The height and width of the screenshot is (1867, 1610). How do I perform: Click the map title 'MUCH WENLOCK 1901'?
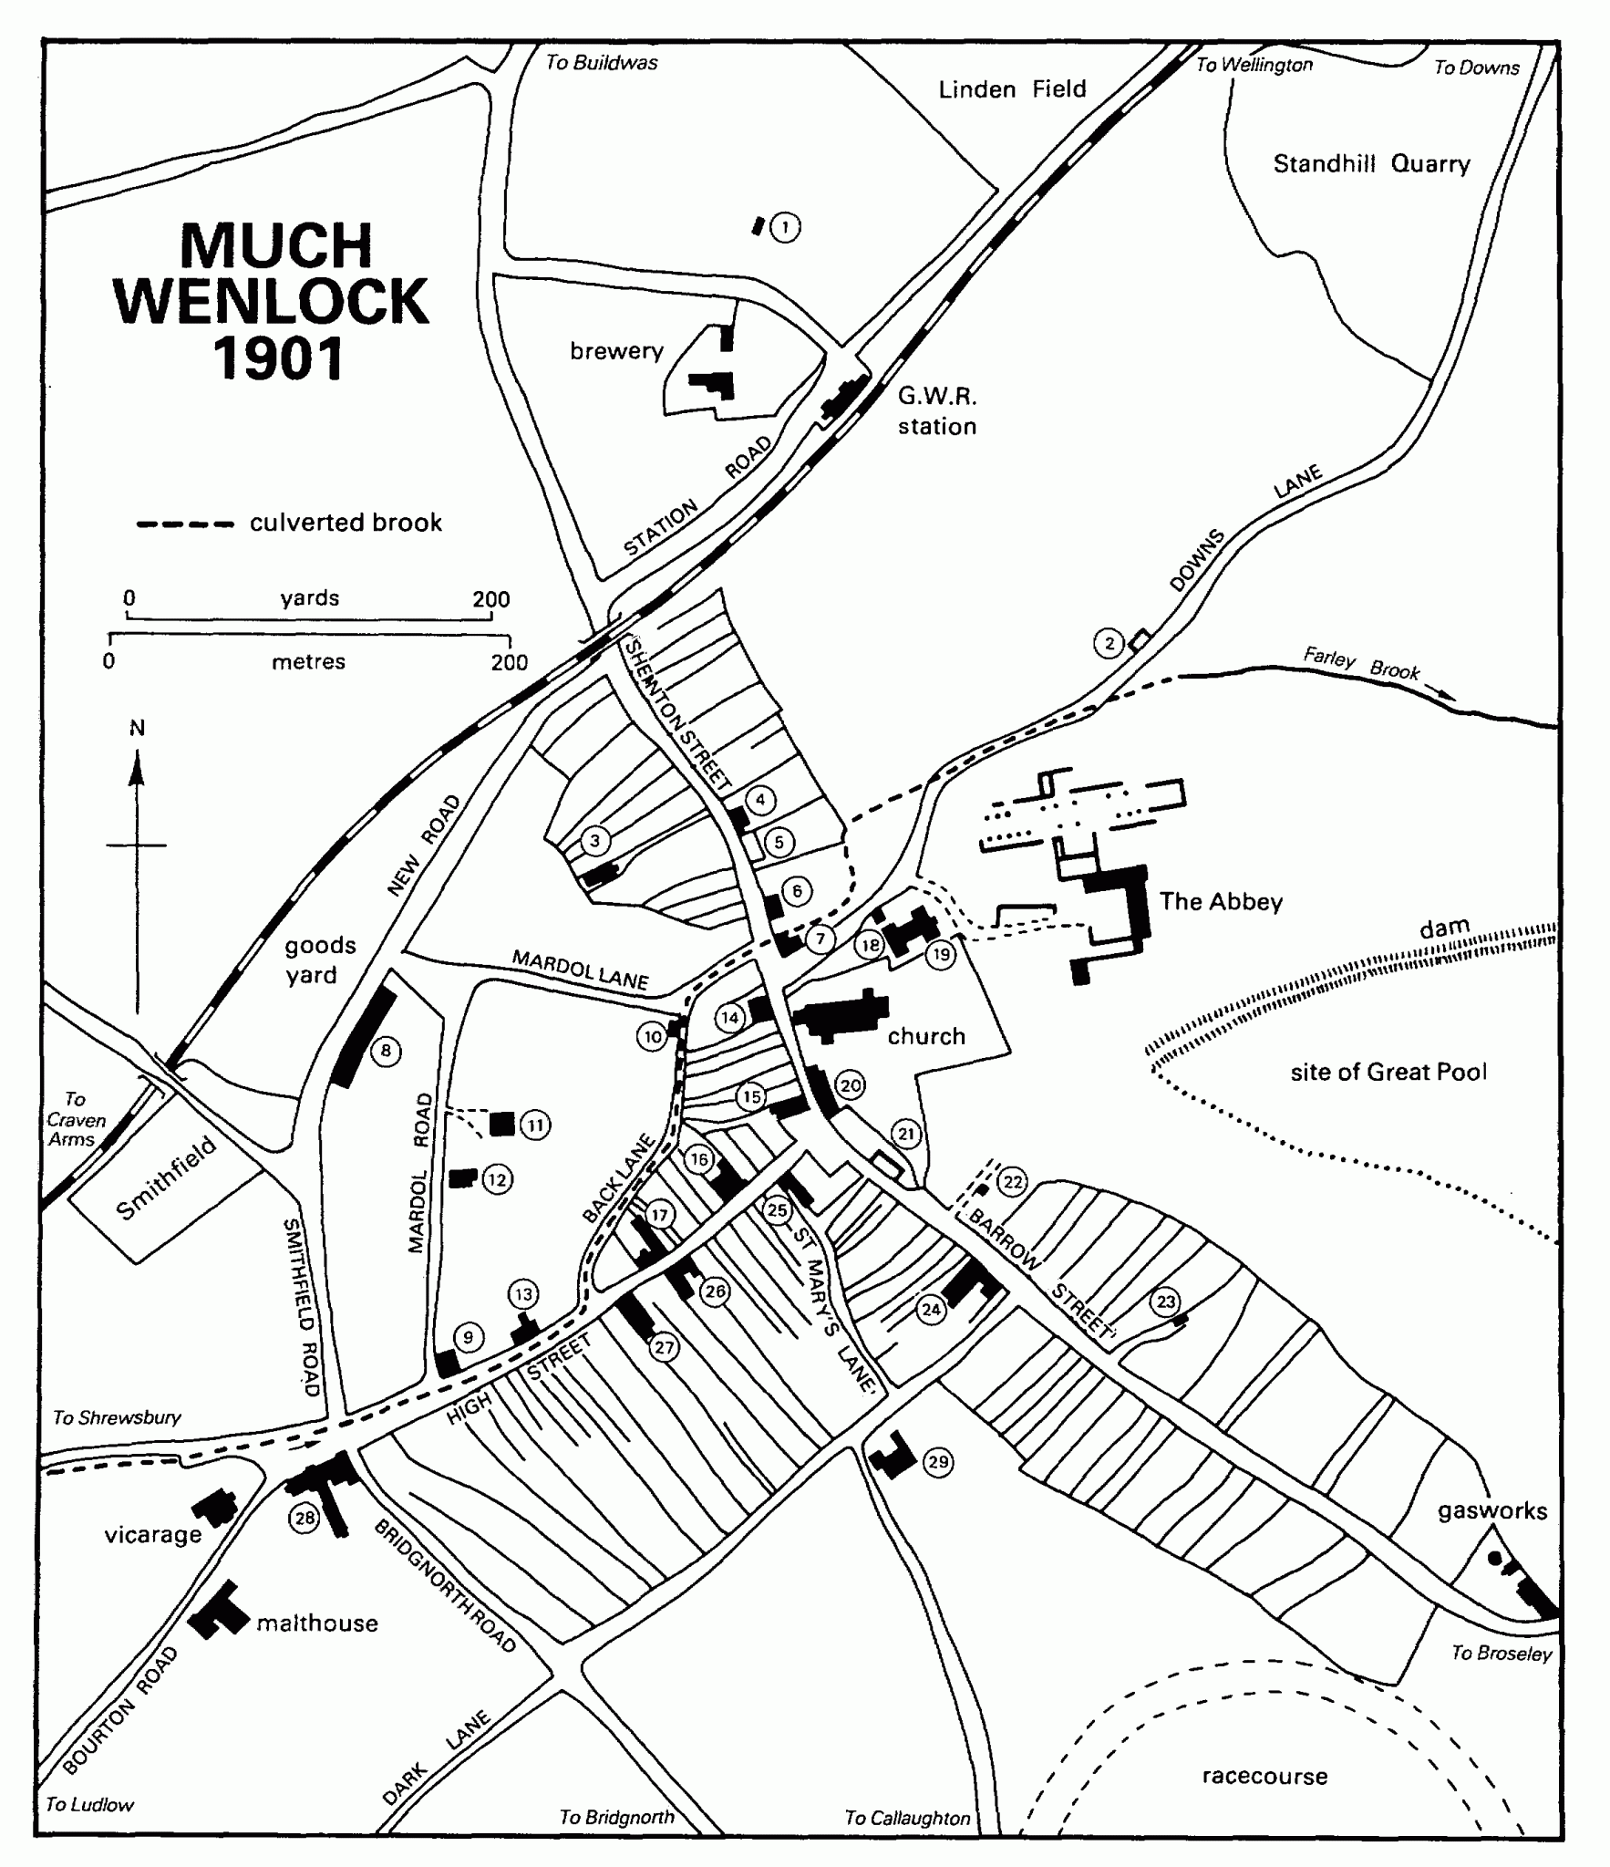tap(273, 301)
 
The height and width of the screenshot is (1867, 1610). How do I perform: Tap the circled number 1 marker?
tap(784, 226)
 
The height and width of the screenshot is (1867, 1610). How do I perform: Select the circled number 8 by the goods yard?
tap(386, 1052)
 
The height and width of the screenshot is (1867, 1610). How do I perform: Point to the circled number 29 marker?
tap(937, 1462)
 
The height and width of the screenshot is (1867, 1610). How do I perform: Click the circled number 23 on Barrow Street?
tap(1166, 1302)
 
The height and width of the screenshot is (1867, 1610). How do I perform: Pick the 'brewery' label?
tap(616, 351)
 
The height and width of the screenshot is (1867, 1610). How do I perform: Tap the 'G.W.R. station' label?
tap(937, 411)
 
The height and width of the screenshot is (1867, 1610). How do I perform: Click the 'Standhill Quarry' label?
tap(1371, 164)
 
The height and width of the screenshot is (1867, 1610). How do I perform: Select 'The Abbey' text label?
tap(1221, 902)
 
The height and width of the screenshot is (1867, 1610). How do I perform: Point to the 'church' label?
tap(926, 1036)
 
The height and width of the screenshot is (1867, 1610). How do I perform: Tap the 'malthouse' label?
tap(317, 1623)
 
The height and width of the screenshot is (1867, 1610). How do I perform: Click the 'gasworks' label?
tap(1492, 1511)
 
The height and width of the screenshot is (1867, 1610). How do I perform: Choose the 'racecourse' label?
tap(1264, 1776)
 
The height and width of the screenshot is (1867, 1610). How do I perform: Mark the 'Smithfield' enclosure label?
tap(166, 1178)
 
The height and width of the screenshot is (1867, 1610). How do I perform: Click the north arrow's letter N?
tap(137, 728)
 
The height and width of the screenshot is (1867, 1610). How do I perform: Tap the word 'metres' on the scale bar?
tap(308, 661)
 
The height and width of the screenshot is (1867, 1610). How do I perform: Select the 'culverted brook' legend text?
tap(346, 523)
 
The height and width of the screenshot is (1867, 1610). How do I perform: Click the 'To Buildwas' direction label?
tap(602, 62)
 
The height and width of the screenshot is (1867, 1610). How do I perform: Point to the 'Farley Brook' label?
tap(1361, 663)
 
